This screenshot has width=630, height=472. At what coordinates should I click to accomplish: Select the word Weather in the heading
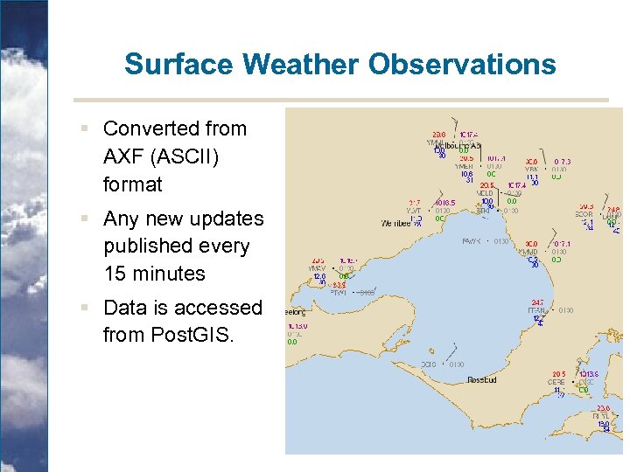[302, 64]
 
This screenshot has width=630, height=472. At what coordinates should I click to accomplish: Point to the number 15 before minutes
[114, 274]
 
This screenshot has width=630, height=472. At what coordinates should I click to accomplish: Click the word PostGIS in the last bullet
[190, 335]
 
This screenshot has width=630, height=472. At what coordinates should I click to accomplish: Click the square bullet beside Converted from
[84, 128]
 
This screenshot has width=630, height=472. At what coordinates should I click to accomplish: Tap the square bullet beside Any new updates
[84, 219]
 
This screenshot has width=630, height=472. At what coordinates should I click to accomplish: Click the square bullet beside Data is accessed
[84, 308]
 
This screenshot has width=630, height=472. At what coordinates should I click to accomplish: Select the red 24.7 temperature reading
[536, 302]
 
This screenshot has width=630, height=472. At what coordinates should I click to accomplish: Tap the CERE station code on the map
[556, 382]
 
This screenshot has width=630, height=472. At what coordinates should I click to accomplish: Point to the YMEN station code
[463, 166]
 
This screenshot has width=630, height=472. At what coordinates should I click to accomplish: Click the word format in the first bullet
[132, 184]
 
